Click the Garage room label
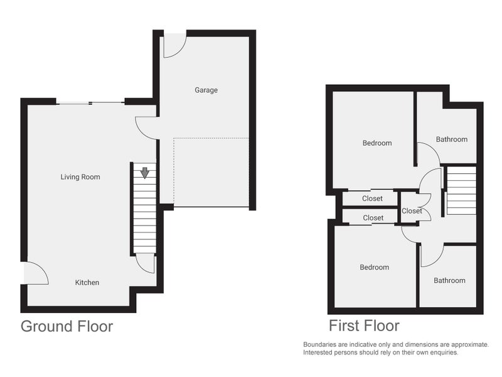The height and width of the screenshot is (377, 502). pyautogui.click(x=206, y=90)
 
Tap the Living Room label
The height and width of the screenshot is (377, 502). pyautogui.click(x=80, y=177)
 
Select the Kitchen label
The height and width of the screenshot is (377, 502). pyautogui.click(x=87, y=283)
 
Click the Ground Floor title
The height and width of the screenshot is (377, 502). pyautogui.click(x=67, y=326)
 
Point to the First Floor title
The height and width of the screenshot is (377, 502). pyautogui.click(x=364, y=326)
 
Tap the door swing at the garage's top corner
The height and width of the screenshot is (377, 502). pyautogui.click(x=174, y=46)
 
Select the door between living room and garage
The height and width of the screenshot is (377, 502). pyautogui.click(x=146, y=128)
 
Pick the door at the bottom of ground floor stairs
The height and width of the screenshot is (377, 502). pyautogui.click(x=146, y=263)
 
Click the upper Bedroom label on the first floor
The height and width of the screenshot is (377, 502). pyautogui.click(x=377, y=143)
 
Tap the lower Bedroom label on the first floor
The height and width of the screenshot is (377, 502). pyautogui.click(x=374, y=268)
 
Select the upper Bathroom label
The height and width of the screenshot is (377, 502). pyautogui.click(x=452, y=139)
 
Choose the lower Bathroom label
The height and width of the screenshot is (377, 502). pyautogui.click(x=449, y=281)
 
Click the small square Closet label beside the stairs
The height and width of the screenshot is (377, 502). pyautogui.click(x=412, y=211)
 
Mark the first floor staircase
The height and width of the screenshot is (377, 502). pyautogui.click(x=461, y=190)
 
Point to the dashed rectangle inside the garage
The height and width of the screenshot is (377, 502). pyautogui.click(x=211, y=172)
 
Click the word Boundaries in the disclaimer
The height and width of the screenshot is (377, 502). pyautogui.click(x=321, y=344)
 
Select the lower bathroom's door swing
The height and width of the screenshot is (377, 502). pyautogui.click(x=432, y=255)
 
